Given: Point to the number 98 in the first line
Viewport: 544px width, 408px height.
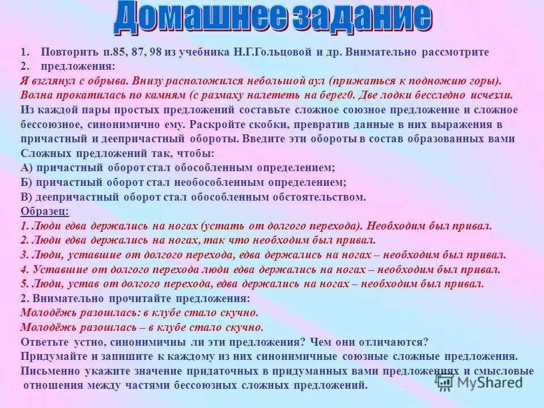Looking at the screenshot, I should (153, 52).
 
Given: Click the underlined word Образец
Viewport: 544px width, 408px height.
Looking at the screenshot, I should (45, 211).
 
